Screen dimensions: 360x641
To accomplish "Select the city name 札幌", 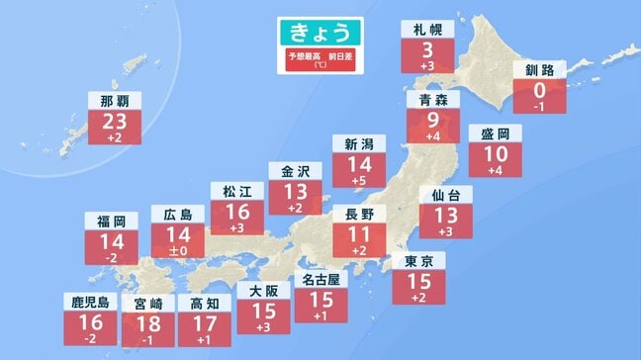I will pos(427,30).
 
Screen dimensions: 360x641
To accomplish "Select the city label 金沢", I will pos(295,169).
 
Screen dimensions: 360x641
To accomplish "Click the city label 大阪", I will pos(263,290).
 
